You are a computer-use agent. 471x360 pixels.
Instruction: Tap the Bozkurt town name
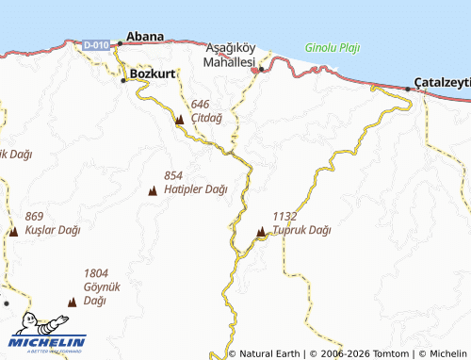(x=152, y=73)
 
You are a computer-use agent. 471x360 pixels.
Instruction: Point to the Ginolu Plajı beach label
(x=333, y=47)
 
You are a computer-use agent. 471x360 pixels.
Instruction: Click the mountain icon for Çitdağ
(x=179, y=120)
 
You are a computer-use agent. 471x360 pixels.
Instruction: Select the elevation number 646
(x=200, y=105)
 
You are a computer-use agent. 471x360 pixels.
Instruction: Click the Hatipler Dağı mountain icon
(x=153, y=192)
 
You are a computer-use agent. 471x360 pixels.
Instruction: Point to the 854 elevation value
(x=173, y=176)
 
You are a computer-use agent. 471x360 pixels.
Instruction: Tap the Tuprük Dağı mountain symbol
(x=261, y=231)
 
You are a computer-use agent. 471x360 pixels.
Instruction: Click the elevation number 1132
(x=285, y=216)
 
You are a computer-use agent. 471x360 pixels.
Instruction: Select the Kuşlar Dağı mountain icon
(x=13, y=231)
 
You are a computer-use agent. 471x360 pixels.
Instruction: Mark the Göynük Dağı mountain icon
(x=72, y=303)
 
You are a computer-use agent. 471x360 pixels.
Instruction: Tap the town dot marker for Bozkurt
(x=123, y=80)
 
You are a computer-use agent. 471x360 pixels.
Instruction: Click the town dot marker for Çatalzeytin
(x=408, y=89)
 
